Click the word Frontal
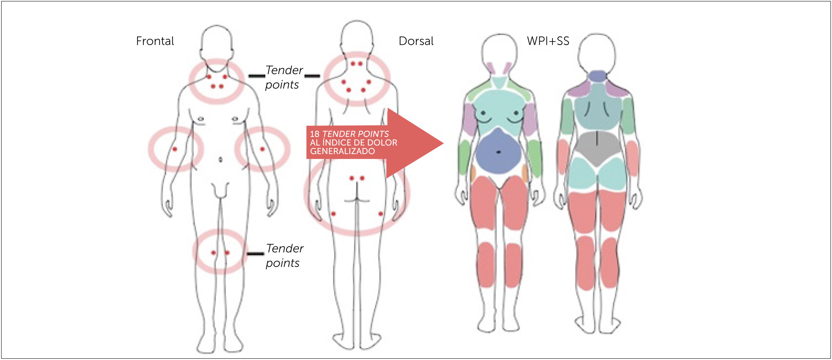pos(155,41)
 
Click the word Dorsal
pos(416,41)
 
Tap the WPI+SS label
pos(548,41)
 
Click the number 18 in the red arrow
pos(314,134)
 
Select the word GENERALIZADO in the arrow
pos(342,151)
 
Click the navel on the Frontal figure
pos(221,159)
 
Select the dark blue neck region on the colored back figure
pos(597,76)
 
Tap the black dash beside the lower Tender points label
pos(255,254)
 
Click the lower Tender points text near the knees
pos(284,256)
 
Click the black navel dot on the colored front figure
pos(499,152)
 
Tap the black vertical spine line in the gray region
pos(597,139)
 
